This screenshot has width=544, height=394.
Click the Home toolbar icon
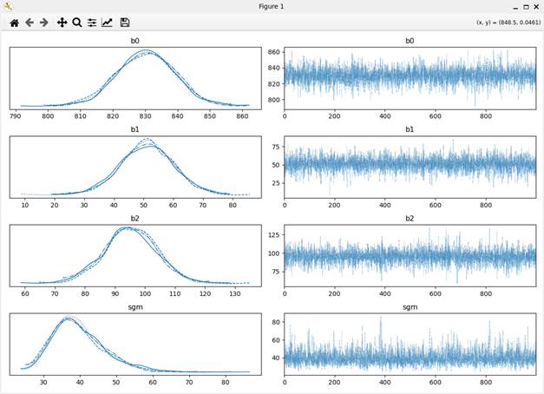tap(14, 23)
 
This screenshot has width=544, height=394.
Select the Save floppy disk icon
tap(125, 23)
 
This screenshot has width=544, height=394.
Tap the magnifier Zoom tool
tap(76, 23)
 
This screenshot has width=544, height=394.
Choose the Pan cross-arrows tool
tap(62, 23)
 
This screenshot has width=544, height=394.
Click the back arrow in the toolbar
tap(29, 23)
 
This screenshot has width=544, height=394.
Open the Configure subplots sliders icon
tap(91, 23)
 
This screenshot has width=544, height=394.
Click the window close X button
tap(535, 6)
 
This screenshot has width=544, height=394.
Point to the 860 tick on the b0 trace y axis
tap(272, 54)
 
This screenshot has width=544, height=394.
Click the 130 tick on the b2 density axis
tap(234, 293)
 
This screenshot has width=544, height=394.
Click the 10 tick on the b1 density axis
tap(24, 204)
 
